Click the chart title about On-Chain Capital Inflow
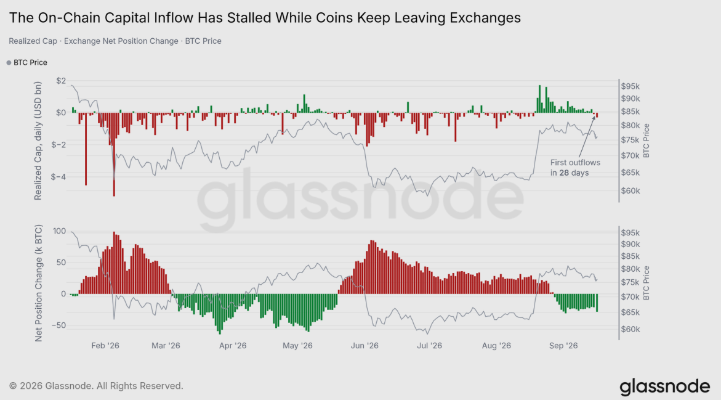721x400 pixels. (265, 17)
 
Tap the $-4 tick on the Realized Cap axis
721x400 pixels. (58, 177)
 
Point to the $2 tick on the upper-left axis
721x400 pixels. (61, 81)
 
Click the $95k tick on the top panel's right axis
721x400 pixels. (630, 86)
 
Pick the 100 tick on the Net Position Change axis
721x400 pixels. (60, 231)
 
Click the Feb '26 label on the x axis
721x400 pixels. (105, 346)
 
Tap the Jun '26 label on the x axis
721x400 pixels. (364, 346)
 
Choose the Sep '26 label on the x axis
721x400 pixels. (563, 346)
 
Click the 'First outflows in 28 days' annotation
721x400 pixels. (575, 168)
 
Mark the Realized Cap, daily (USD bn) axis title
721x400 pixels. (38, 141)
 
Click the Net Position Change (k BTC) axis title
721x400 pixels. (38, 283)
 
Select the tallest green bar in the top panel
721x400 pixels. (540, 99)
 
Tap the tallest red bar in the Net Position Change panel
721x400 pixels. (114, 263)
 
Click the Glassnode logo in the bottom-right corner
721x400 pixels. (665, 387)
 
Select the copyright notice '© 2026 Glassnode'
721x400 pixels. (96, 386)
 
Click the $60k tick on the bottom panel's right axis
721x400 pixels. (630, 329)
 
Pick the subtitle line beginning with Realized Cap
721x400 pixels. (115, 41)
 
